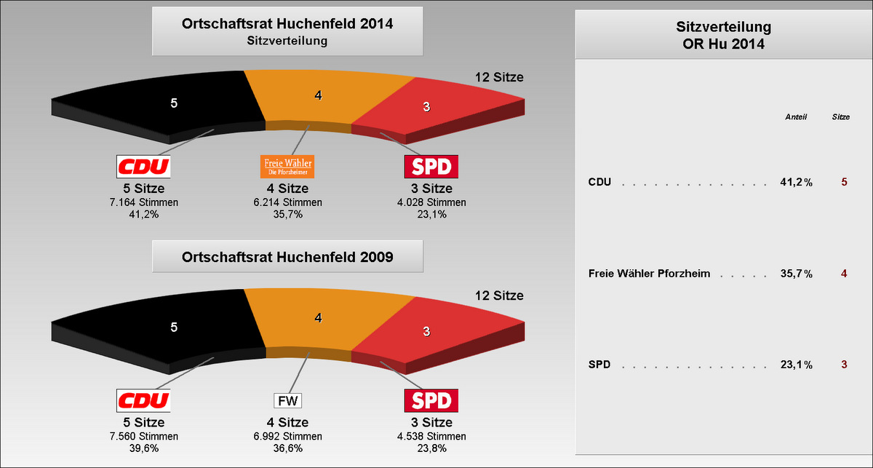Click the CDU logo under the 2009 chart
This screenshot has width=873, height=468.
(143, 400)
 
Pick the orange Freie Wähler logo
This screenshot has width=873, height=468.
(287, 167)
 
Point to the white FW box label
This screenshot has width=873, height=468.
(287, 400)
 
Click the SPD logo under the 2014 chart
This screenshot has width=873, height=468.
(431, 167)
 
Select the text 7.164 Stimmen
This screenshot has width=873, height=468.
(144, 202)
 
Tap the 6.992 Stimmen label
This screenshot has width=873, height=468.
(287, 437)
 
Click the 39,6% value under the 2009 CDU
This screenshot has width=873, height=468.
(144, 448)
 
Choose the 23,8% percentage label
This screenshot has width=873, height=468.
(432, 448)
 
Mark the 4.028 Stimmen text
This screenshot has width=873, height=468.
(431, 202)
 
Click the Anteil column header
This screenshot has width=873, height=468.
(796, 117)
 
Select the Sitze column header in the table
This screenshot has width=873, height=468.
(841, 117)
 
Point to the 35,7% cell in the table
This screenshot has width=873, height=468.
(796, 274)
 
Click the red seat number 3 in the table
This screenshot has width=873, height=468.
(844, 365)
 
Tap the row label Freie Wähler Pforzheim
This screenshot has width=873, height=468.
(649, 274)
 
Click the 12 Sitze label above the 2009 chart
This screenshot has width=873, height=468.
(499, 296)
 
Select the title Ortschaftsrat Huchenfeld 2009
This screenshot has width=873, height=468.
(287, 257)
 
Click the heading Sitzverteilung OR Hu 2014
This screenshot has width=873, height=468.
(723, 35)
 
